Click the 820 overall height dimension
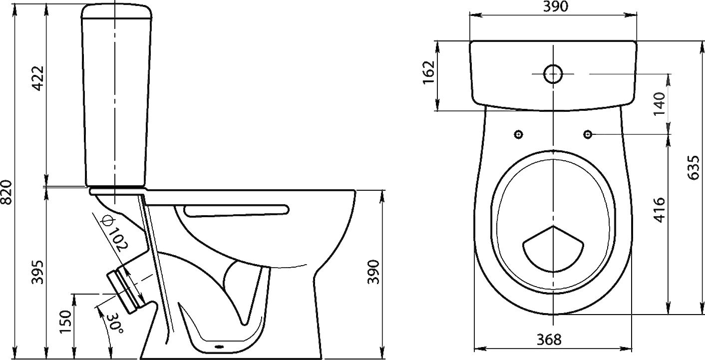(7, 192)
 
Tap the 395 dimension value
(38, 272)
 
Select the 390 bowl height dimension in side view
(374, 272)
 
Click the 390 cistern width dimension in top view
(556, 6)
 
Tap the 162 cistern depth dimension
(429, 73)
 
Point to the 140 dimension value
(660, 104)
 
